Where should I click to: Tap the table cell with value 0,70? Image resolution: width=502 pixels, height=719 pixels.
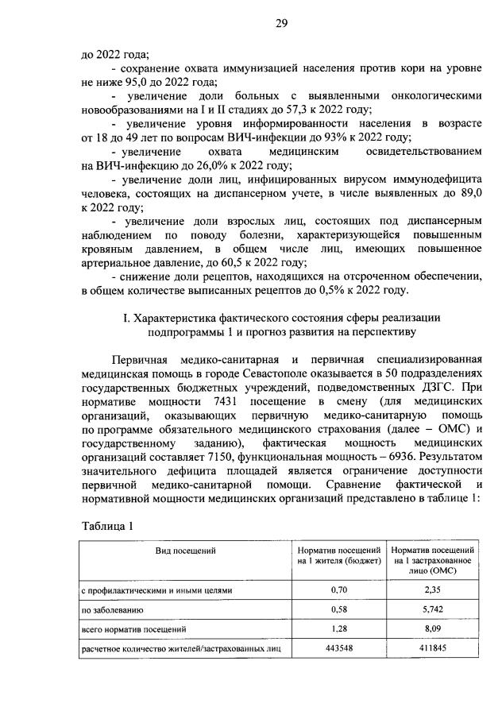point(338,590)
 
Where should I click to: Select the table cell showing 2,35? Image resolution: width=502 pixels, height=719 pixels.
point(433,590)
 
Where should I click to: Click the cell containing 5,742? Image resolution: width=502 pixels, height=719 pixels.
point(433,610)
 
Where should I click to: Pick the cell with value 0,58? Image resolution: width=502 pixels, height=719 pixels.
point(338,610)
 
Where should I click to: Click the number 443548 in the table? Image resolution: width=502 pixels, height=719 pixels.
point(338,650)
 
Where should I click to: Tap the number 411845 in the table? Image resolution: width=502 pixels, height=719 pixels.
point(433,650)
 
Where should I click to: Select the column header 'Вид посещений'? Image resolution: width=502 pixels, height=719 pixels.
point(185,549)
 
